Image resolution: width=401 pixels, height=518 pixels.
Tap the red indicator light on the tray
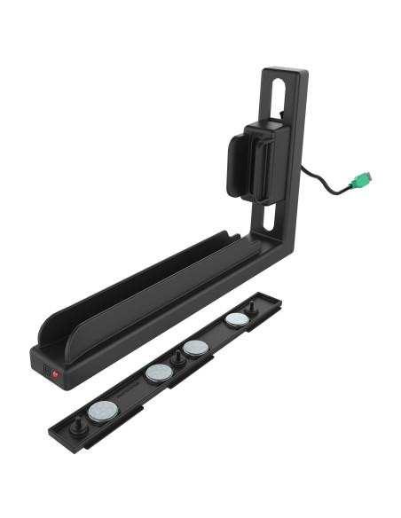[x=55, y=374]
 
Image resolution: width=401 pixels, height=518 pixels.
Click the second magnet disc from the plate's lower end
[x=158, y=373]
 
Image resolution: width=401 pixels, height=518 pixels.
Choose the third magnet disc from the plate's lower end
[x=195, y=348]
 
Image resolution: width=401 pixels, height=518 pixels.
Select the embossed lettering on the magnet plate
[x=129, y=390]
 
